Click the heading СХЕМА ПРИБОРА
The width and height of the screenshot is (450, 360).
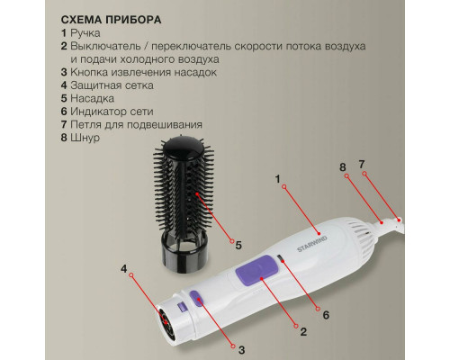(x=111, y=20)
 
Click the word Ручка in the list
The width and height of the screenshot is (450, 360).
(x=85, y=33)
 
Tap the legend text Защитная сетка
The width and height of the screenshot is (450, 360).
(x=112, y=85)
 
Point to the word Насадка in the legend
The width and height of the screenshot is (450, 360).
(x=92, y=98)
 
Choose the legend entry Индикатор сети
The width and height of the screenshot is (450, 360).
(x=112, y=112)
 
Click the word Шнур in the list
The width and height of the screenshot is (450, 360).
(x=85, y=138)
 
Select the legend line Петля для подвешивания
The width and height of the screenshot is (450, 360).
(x=136, y=124)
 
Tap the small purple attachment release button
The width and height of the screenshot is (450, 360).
(x=196, y=298)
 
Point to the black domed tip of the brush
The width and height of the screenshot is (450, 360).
(x=183, y=150)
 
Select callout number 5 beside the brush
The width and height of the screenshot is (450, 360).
(x=238, y=246)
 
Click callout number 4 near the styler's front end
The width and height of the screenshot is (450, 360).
(x=124, y=269)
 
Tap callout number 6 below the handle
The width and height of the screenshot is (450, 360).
(x=326, y=315)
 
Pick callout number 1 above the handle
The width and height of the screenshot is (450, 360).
(x=277, y=179)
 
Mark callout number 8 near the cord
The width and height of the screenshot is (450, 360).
(x=343, y=167)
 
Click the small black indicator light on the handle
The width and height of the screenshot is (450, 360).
(x=281, y=257)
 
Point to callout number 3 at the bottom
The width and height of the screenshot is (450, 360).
(x=242, y=350)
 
